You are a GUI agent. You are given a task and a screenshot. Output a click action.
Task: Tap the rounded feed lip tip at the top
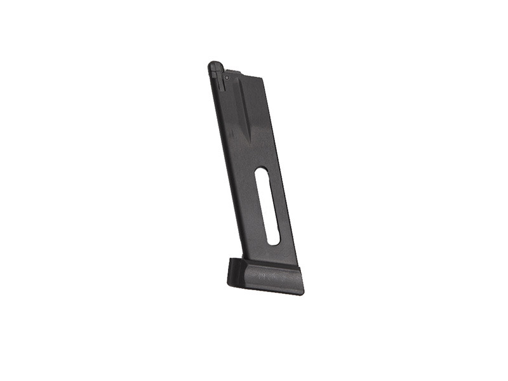coord(215,65)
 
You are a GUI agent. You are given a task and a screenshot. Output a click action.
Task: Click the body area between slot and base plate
coord(273,254)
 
